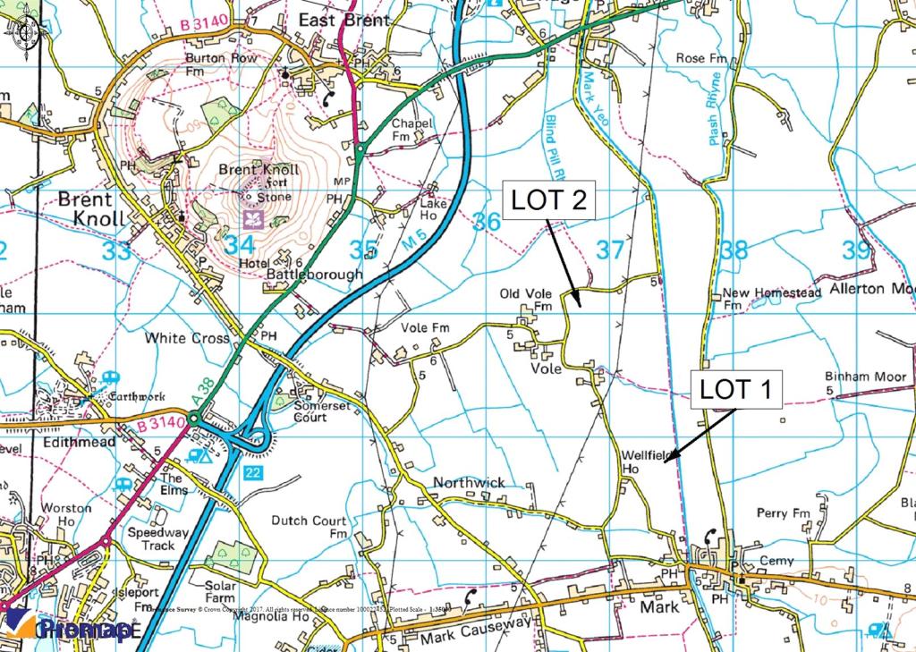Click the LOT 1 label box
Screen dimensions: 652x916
pyautogui.click(x=737, y=390)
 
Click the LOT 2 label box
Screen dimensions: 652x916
pyautogui.click(x=549, y=199)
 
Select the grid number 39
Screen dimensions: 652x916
pyautogui.click(x=855, y=250)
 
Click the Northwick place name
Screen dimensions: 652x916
pyautogui.click(x=468, y=483)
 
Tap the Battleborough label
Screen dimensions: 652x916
pyautogui.click(x=315, y=275)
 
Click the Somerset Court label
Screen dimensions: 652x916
pyautogui.click(x=323, y=411)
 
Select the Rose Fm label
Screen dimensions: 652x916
pyautogui.click(x=702, y=58)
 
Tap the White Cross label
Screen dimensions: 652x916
pyautogui.click(x=187, y=339)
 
